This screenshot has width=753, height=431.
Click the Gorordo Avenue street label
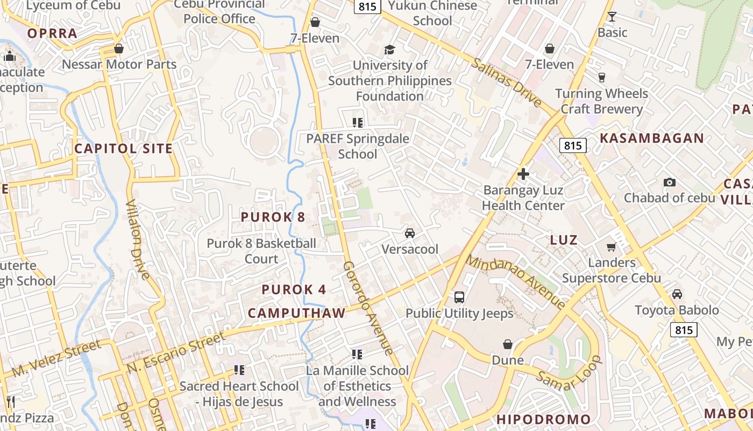(x=368, y=309)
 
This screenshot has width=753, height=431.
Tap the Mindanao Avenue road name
(x=515, y=282)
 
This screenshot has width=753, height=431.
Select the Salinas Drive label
(x=506, y=82)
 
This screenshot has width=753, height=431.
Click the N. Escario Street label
(x=176, y=353)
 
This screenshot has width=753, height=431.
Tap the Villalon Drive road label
(x=138, y=239)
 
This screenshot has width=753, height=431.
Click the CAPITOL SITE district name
(x=124, y=149)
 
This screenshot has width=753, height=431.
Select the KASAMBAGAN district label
(x=652, y=138)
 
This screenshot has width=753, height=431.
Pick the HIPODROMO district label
(x=543, y=419)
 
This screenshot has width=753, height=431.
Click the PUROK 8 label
(x=273, y=217)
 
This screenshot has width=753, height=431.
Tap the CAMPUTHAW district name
(x=296, y=313)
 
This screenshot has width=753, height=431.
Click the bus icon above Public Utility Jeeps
(x=459, y=297)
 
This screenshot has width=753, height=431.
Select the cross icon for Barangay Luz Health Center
(x=523, y=174)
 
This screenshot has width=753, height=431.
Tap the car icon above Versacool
(x=410, y=233)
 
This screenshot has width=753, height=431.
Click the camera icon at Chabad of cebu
(x=669, y=182)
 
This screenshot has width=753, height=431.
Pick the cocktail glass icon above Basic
(x=612, y=17)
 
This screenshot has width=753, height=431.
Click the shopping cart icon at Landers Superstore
(x=611, y=247)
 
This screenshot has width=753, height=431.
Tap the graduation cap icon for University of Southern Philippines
(x=389, y=50)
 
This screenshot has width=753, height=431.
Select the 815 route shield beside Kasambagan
(x=572, y=145)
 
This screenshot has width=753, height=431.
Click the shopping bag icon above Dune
(x=507, y=344)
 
